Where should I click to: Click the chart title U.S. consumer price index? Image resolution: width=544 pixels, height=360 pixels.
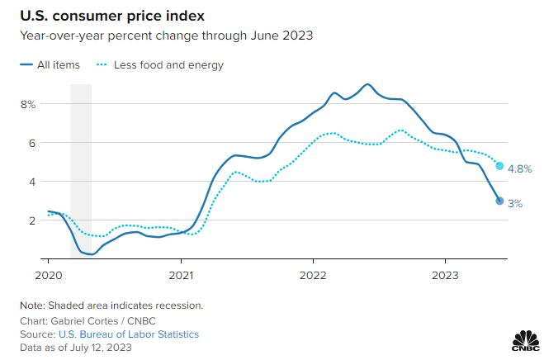[x=119, y=17]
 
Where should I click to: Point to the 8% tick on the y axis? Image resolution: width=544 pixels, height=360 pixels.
[x=28, y=104]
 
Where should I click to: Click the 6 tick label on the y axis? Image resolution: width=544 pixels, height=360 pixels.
[x=32, y=143]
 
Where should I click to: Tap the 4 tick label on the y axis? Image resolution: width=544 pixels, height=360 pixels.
[x=32, y=182]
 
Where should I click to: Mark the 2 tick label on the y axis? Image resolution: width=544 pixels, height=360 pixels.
[x=32, y=220]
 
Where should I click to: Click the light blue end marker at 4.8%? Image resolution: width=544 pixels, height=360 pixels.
[x=499, y=166]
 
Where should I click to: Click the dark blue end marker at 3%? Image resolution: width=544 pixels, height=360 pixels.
[x=499, y=201]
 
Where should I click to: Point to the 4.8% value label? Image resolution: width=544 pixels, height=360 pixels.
[x=518, y=168]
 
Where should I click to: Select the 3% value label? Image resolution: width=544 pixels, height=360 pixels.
[x=514, y=203]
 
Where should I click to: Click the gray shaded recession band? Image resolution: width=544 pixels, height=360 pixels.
[x=80, y=165]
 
